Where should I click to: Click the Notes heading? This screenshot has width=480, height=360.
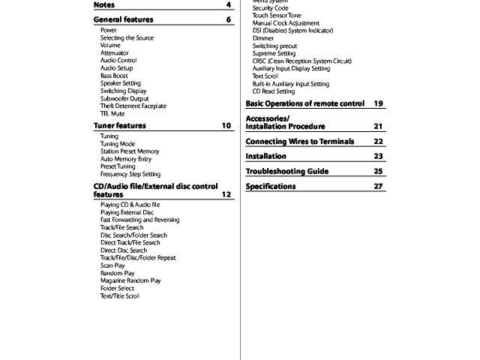[x=104, y=5]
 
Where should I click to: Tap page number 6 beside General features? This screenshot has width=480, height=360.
[x=227, y=19]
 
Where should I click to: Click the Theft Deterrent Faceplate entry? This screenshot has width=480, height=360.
[x=133, y=106]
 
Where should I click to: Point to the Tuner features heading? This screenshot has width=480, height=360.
[x=120, y=126]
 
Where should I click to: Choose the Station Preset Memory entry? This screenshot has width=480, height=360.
[x=129, y=151]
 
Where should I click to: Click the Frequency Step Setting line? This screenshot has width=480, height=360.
[x=130, y=174]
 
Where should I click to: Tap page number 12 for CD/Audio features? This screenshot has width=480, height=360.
[x=226, y=195]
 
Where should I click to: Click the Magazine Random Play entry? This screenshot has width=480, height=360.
[x=130, y=280]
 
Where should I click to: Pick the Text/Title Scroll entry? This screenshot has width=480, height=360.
[x=120, y=295]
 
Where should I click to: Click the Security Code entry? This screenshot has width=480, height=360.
[x=270, y=8]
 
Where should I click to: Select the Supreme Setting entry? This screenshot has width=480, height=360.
[x=274, y=53]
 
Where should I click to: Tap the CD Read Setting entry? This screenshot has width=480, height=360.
[x=274, y=91]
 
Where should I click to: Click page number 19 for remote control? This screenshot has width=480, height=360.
[x=378, y=103]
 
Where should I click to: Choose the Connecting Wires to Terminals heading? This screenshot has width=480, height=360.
[x=299, y=141]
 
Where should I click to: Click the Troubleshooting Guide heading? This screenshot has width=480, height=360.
[x=286, y=171]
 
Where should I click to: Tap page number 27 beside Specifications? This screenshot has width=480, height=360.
[x=378, y=186]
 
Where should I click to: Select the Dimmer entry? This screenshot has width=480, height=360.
[x=263, y=38]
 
